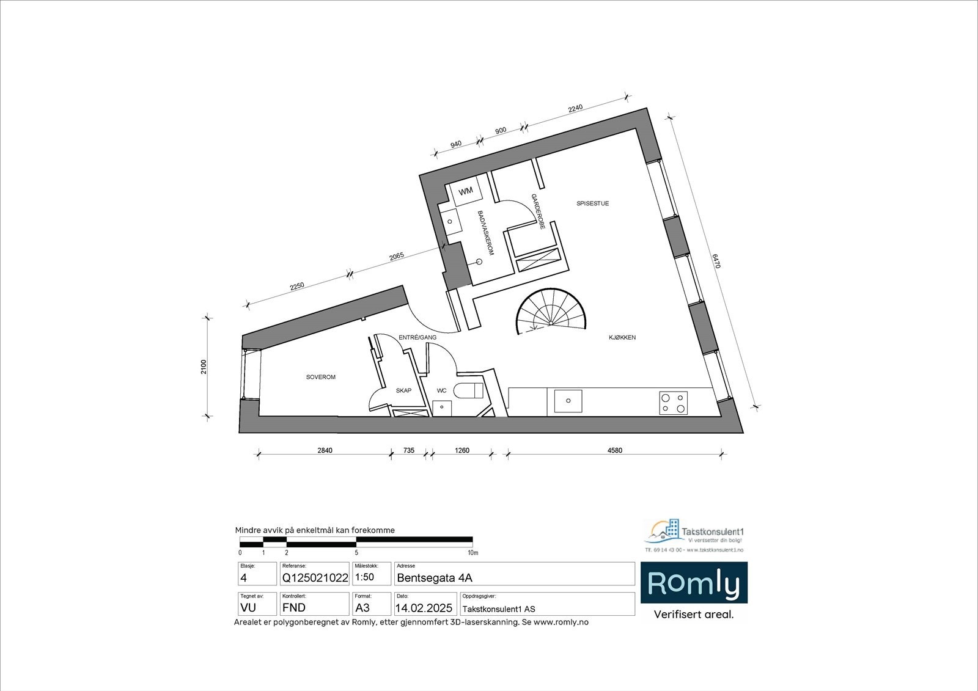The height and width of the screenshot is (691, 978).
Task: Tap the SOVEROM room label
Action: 320,377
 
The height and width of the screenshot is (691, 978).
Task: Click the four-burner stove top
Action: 673,403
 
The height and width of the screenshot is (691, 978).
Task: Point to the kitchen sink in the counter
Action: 568,401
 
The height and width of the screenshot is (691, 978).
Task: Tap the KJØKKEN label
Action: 622,337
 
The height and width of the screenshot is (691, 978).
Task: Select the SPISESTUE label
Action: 592,203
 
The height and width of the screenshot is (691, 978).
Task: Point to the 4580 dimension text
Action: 614,451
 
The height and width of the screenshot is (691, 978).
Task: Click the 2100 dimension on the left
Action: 204,367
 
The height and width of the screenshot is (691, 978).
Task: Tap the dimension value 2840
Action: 325,451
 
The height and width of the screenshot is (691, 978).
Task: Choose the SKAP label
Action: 403,390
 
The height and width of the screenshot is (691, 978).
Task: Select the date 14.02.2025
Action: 424,608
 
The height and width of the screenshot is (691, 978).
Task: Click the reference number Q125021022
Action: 315,578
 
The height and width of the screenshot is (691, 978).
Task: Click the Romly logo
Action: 693,583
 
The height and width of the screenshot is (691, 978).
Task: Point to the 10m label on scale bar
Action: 472,552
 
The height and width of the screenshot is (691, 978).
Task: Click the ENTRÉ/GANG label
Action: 417,337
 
